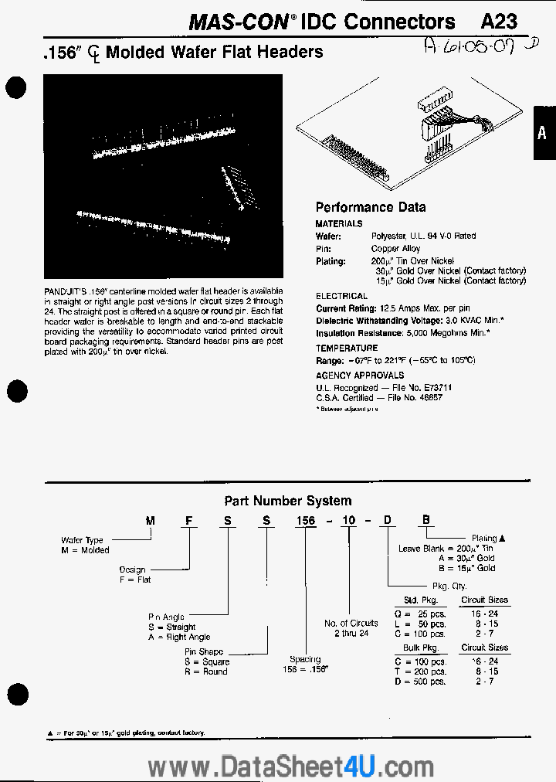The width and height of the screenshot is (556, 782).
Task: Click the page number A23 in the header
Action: [x=499, y=22]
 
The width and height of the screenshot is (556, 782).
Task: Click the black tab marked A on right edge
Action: [x=544, y=133]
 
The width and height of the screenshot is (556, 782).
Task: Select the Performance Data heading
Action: [x=371, y=207]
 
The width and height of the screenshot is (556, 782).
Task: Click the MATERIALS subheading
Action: [x=339, y=223]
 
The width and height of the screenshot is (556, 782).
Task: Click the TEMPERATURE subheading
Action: [x=347, y=348]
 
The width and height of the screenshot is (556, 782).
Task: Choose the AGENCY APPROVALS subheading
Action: [x=360, y=375]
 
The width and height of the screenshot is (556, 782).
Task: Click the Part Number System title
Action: [x=287, y=501]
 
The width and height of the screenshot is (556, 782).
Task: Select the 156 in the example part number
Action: [x=306, y=521]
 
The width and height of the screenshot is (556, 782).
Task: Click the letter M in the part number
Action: [x=150, y=521]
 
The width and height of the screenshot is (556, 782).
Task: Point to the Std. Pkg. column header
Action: [x=421, y=600]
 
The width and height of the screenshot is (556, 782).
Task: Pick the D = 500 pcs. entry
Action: [x=420, y=681]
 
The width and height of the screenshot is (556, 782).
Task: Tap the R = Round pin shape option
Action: [x=205, y=671]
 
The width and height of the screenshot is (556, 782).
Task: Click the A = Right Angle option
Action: [x=179, y=637]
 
